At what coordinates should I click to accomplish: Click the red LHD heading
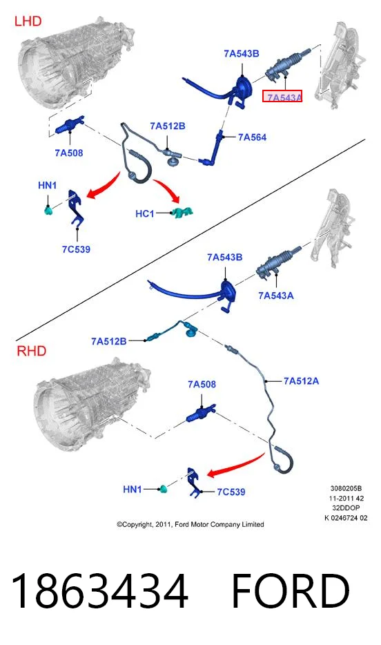point(28,21)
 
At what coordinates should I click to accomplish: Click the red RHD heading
point(31,351)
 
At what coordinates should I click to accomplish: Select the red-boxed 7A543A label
point(283,97)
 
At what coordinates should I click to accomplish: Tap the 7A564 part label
point(253,137)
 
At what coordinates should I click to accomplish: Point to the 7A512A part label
point(301,381)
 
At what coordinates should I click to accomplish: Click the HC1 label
point(145,214)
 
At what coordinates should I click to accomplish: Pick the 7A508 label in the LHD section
point(68,153)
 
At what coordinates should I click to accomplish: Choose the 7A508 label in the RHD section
point(202,384)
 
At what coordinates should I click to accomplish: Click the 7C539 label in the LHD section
point(76,249)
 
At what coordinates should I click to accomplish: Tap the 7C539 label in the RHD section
point(231,492)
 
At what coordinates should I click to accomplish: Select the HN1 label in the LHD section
point(47,186)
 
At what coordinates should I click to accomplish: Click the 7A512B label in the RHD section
point(109,341)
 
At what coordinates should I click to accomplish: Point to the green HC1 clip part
point(182,213)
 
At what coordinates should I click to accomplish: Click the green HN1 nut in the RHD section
point(163,489)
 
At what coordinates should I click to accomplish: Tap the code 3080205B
point(346,489)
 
